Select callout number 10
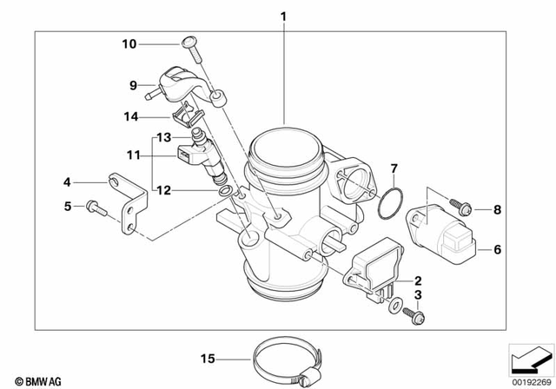click(x=129, y=43)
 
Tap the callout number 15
click(x=207, y=358)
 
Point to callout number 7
click(x=393, y=168)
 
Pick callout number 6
click(x=497, y=248)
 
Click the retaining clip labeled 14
click(x=186, y=115)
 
